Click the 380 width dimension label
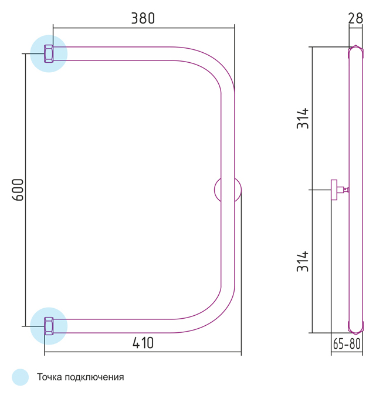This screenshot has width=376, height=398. pos(143,18)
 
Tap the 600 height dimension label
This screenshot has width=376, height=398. pos(18,190)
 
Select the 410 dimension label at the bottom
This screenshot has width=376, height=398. pos(143,343)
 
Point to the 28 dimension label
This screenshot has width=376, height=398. pos(355,18)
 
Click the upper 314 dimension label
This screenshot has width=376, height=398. pos(303,118)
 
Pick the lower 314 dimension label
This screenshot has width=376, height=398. pos(303,261)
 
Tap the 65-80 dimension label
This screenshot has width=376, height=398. pos(347,344)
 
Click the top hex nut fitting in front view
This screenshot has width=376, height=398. pos(49,53)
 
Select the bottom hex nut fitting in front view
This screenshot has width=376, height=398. pos(49,326)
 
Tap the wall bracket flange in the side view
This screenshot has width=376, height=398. pos(334,190)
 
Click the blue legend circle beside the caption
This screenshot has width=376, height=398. pos(21,377)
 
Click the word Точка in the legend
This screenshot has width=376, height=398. pos(49,377)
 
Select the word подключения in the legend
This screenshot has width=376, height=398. pos(94,377)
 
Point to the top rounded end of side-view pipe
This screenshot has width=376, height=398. pos(355,52)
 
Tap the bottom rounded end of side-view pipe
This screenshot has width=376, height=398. pos(355,328)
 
